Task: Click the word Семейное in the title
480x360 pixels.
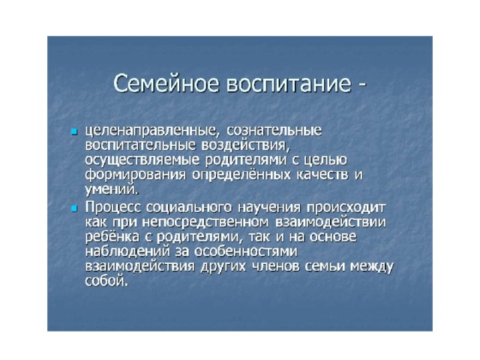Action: [166, 83]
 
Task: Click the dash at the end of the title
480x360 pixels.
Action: [361, 85]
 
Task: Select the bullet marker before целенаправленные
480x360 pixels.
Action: [73, 132]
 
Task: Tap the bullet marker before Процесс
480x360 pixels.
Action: [73, 208]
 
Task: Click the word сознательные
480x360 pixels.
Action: [274, 130]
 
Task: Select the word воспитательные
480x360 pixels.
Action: [140, 145]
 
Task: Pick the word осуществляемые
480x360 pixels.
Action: [142, 160]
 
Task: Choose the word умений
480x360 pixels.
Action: [112, 190]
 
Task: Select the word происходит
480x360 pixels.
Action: [346, 208]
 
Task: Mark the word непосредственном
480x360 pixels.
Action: [205, 223]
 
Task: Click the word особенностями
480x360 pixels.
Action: [246, 252]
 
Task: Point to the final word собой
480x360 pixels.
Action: [106, 281]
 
